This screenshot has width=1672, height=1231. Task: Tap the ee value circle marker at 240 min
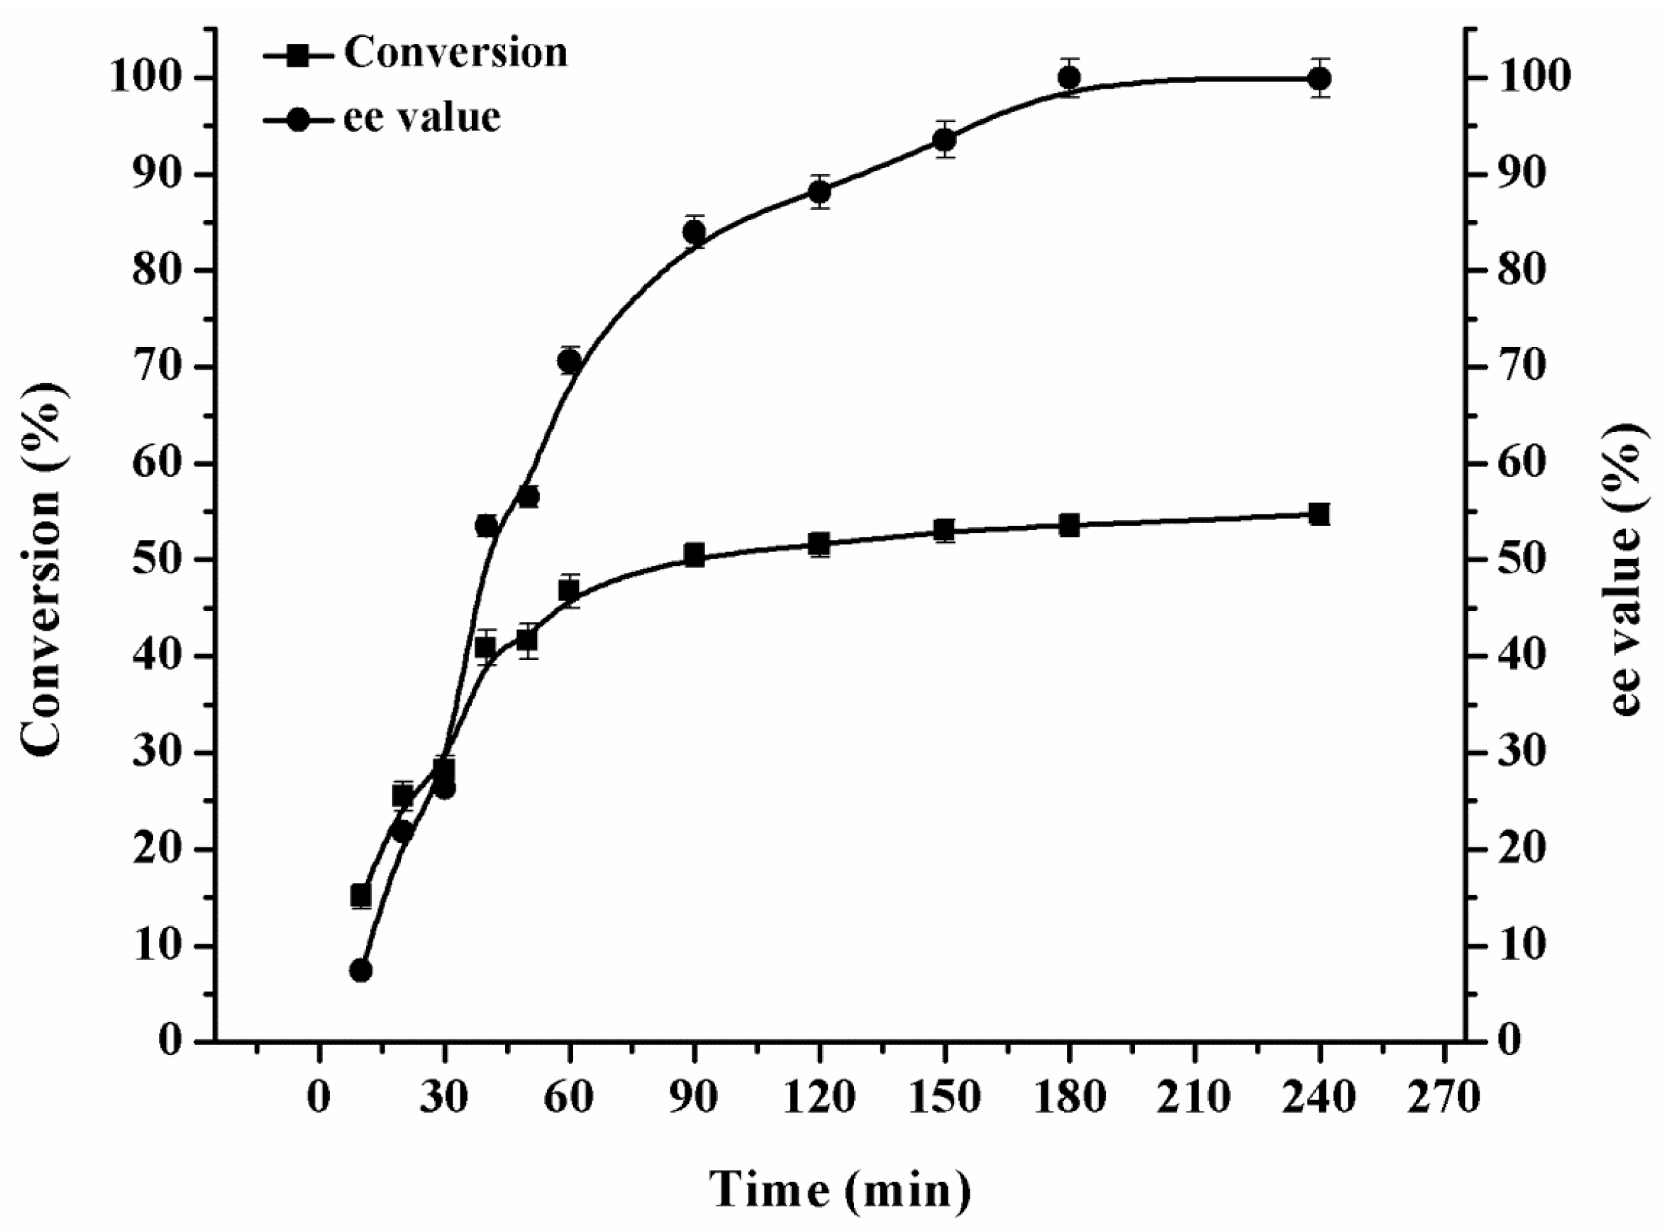pos(1319,78)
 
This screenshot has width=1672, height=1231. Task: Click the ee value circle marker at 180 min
pos(1069,77)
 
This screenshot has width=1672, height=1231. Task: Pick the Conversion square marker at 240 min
pos(1319,514)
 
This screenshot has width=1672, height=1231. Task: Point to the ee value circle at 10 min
pos(361,970)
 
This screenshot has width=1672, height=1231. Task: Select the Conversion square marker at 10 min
pos(361,895)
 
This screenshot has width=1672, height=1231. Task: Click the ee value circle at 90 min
pos(694,233)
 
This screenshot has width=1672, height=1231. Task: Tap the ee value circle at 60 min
pos(569,361)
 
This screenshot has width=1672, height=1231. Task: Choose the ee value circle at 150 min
pos(945,140)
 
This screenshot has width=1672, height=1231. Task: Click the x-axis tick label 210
pos(1195,1098)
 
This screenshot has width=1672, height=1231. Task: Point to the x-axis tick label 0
pos(320,1098)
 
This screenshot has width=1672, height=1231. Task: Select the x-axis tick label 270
pos(1445,1098)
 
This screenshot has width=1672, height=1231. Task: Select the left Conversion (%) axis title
pos(42,570)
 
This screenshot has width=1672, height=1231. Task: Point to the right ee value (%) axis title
pos(1630,570)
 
